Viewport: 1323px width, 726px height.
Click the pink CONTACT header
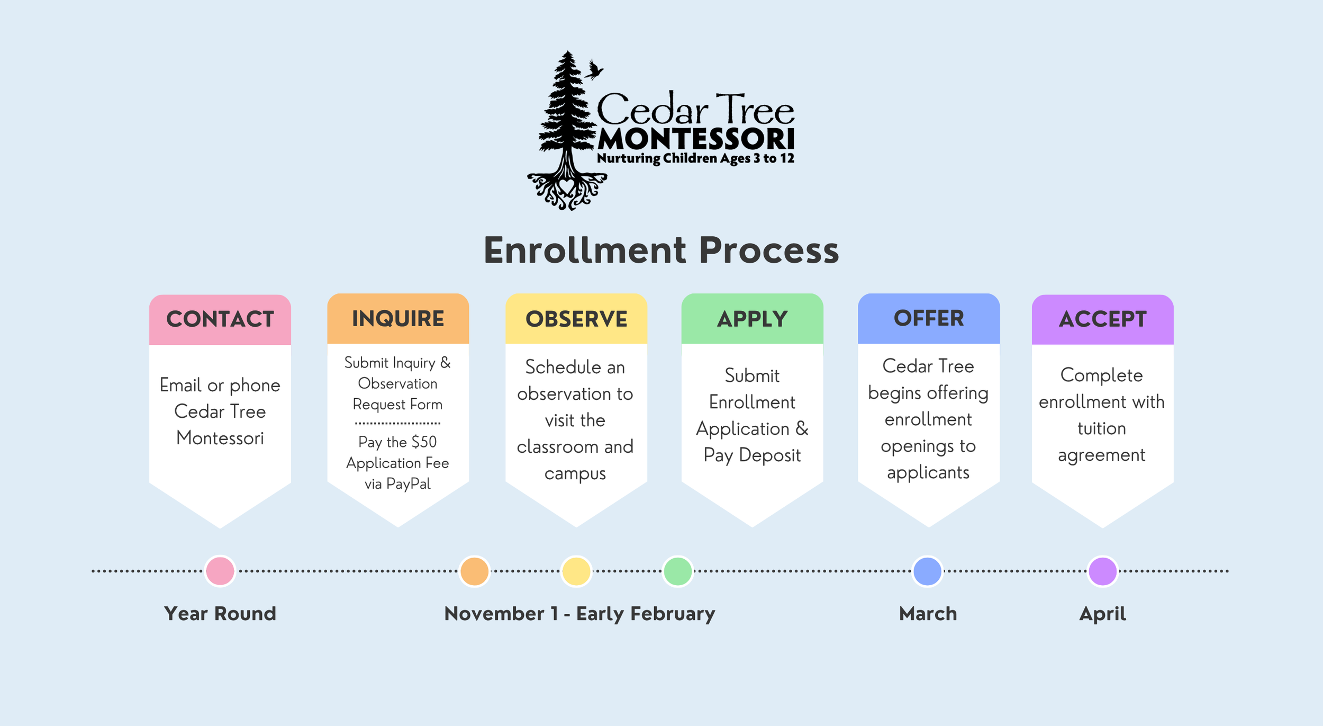(x=220, y=319)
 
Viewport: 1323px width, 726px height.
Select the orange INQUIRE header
(x=398, y=319)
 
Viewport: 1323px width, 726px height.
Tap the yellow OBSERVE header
(x=576, y=319)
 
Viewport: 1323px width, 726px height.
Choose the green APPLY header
(x=752, y=319)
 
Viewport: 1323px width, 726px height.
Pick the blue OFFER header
(x=929, y=318)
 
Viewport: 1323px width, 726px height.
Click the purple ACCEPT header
(x=1103, y=319)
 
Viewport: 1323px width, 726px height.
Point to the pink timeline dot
(x=220, y=571)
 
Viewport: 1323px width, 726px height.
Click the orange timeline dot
(x=474, y=571)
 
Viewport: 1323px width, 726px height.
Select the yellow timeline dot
(x=576, y=571)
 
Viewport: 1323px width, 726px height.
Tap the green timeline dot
(x=678, y=571)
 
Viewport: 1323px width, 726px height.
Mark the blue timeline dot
(x=928, y=571)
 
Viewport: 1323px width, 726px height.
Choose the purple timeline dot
(x=1103, y=571)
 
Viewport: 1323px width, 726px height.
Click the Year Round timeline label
(x=220, y=614)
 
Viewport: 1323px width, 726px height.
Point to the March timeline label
(x=928, y=614)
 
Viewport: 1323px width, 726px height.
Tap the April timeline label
(x=1103, y=614)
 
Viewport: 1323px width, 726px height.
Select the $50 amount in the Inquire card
(x=424, y=442)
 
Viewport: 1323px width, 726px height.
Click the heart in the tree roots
(x=567, y=186)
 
